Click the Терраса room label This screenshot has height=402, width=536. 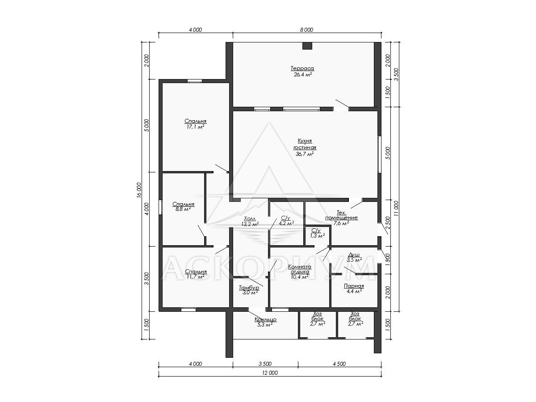click(302, 68)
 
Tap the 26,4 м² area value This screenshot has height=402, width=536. click(302, 75)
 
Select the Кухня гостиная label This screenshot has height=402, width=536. click(305, 144)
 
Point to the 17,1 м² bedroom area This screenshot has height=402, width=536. click(195, 127)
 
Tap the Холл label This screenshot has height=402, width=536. click(250, 218)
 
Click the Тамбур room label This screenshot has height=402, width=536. click(249, 288)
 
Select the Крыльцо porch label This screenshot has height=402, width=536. click(265, 319)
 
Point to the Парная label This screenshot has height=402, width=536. click(354, 286)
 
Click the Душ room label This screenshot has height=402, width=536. click(354, 255)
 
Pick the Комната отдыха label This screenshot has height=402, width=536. click(300, 269)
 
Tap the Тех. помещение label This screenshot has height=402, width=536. click(341, 215)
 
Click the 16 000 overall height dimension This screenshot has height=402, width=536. click(139, 190)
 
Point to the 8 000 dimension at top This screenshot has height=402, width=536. click(306, 30)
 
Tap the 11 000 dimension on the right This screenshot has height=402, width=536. click(396, 209)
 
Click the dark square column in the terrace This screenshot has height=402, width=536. click(307, 46)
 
